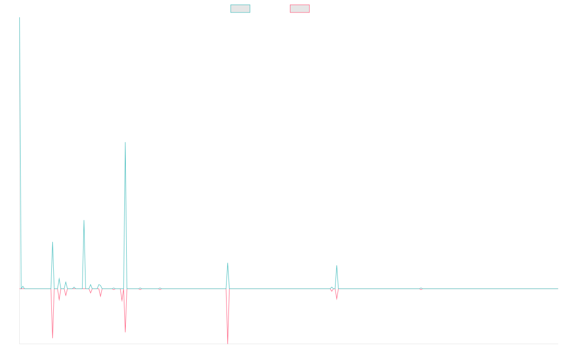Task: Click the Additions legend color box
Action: pyautogui.click(x=240, y=9)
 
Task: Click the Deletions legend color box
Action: pyautogui.click(x=300, y=9)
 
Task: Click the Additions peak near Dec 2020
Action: pyautogui.click(x=125, y=143)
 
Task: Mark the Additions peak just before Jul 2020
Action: pyautogui.click(x=84, y=220)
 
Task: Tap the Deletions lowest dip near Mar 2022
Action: pyautogui.click(x=228, y=343)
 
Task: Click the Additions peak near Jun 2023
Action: pyautogui.click(x=337, y=265)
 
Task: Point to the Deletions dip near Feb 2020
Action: pyautogui.click(x=53, y=338)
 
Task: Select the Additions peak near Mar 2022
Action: pyautogui.click(x=228, y=263)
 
